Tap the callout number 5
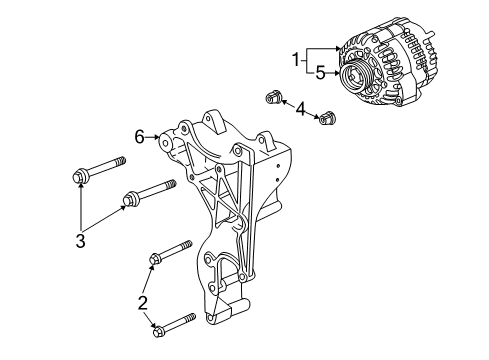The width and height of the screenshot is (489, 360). click(x=320, y=73)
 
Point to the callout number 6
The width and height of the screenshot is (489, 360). click(x=141, y=134)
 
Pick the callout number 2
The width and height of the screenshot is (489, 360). click(x=143, y=301)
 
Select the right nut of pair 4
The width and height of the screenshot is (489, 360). click(x=323, y=120)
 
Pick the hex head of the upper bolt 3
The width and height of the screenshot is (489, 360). click(x=80, y=178)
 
